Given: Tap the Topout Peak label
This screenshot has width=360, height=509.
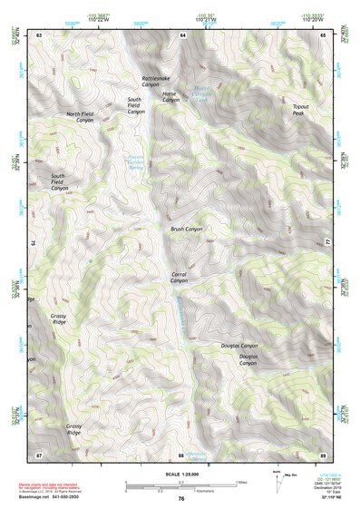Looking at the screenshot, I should click(x=301, y=110).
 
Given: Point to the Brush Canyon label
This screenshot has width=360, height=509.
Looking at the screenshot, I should click(x=187, y=230).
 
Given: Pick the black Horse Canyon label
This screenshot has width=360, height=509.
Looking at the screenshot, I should click(x=171, y=96).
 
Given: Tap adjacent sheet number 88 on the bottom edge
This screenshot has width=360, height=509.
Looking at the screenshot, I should click(x=180, y=454).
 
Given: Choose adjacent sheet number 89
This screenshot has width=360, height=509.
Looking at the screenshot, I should click(x=323, y=454).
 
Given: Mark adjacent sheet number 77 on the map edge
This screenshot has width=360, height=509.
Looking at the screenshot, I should click(x=327, y=243).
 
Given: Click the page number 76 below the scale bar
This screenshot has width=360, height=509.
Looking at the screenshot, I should click(x=181, y=499).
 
